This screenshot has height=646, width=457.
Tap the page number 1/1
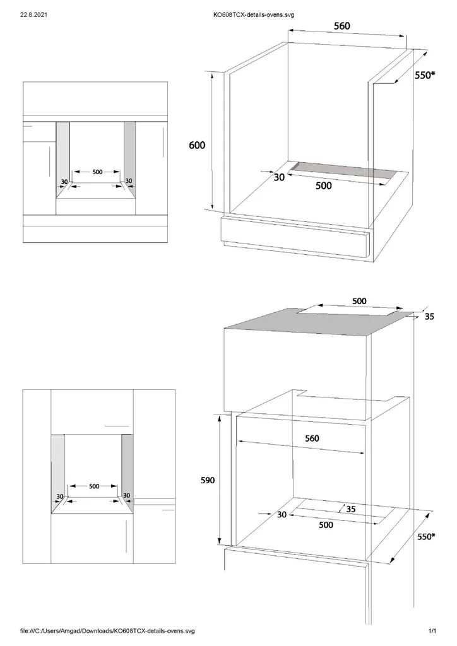pyautogui.click(x=432, y=630)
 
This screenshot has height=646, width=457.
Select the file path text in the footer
pyautogui.click(x=107, y=630)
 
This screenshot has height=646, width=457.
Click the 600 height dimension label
pyautogui.click(x=198, y=145)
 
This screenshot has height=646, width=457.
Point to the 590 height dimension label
pyautogui.click(x=208, y=480)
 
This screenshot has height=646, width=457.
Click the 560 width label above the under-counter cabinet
pyautogui.click(x=341, y=26)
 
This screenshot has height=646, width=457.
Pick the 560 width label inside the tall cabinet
pyautogui.click(x=312, y=438)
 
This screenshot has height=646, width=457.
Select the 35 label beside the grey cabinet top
pyautogui.click(x=429, y=317)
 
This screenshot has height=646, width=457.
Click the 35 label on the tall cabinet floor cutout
pyautogui.click(x=350, y=508)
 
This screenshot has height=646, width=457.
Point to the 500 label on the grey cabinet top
pyautogui.click(x=359, y=301)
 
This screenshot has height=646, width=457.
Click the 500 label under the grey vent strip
pyautogui.click(x=323, y=185)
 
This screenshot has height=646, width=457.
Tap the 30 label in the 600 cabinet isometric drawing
pyautogui.click(x=279, y=177)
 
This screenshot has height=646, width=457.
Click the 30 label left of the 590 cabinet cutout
pyautogui.click(x=282, y=515)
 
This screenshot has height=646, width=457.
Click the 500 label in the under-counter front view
pyautogui.click(x=97, y=172)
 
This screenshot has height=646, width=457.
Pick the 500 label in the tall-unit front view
pyautogui.click(x=93, y=486)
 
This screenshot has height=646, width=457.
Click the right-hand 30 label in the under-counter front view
pyautogui.click(x=129, y=181)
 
